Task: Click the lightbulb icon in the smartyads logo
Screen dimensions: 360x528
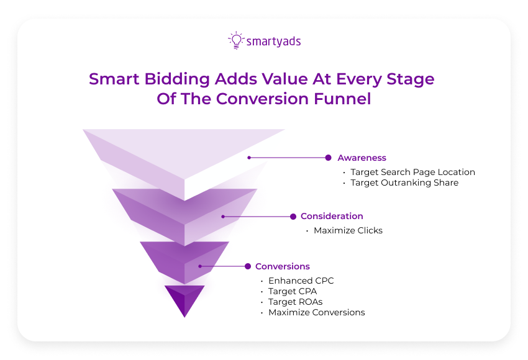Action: click(x=236, y=40)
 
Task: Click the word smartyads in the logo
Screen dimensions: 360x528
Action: click(x=273, y=42)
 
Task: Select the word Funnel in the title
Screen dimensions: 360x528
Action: click(x=344, y=99)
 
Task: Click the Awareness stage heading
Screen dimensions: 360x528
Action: click(x=362, y=158)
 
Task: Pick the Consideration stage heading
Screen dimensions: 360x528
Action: click(x=332, y=217)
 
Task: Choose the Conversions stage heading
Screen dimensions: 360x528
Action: click(x=282, y=266)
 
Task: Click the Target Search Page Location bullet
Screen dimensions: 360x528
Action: click(x=412, y=172)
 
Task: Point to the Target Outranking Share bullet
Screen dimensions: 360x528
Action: click(x=404, y=182)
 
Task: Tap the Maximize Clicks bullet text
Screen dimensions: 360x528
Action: click(x=348, y=230)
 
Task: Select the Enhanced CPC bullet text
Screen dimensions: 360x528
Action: click(x=301, y=281)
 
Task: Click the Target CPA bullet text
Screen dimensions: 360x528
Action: click(x=289, y=291)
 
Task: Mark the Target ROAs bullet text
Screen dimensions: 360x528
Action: click(x=291, y=302)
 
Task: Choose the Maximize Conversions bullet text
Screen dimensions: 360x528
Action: click(x=316, y=312)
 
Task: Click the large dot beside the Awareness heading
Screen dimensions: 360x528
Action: click(x=328, y=158)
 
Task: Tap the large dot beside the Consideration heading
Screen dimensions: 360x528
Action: click(x=293, y=217)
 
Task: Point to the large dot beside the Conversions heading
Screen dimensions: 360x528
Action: click(x=247, y=266)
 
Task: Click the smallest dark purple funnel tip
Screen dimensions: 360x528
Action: click(x=184, y=299)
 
